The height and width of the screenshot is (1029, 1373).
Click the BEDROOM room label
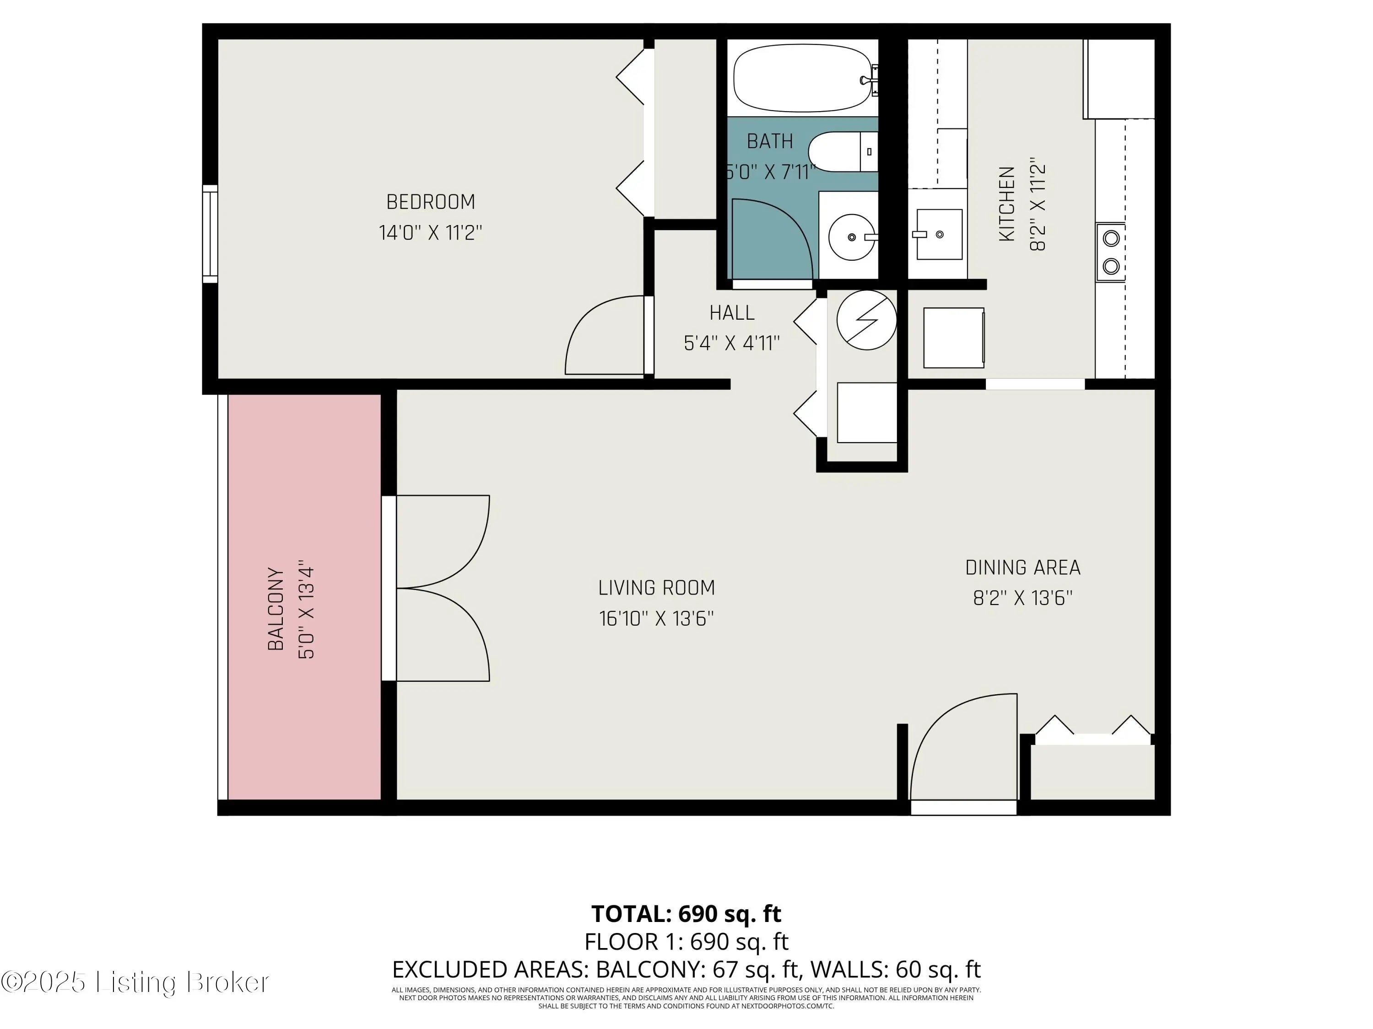[430, 202]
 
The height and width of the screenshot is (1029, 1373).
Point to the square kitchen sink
[939, 234]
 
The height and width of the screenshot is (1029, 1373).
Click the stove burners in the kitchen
[1110, 252]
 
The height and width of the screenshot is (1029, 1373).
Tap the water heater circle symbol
[866, 320]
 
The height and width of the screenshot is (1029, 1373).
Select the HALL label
[732, 313]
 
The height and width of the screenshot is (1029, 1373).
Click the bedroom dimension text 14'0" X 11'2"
[431, 233]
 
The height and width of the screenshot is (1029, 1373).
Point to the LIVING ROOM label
[657, 588]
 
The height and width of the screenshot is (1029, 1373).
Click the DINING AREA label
[1023, 568]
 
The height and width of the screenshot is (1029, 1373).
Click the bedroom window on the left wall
[211, 234]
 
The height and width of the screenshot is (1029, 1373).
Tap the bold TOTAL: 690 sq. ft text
[686, 914]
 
